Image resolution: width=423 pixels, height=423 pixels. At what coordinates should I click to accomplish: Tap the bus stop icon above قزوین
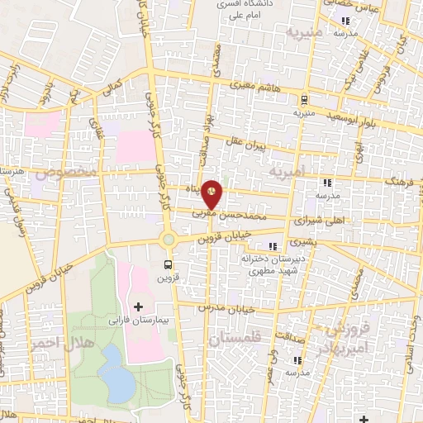[x=169, y=265]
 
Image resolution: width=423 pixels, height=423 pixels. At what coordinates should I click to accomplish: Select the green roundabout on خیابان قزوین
[x=169, y=239]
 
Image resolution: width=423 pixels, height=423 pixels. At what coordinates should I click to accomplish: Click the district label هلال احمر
[x=59, y=341]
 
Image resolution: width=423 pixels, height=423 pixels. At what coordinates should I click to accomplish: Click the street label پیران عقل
[x=248, y=148]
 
